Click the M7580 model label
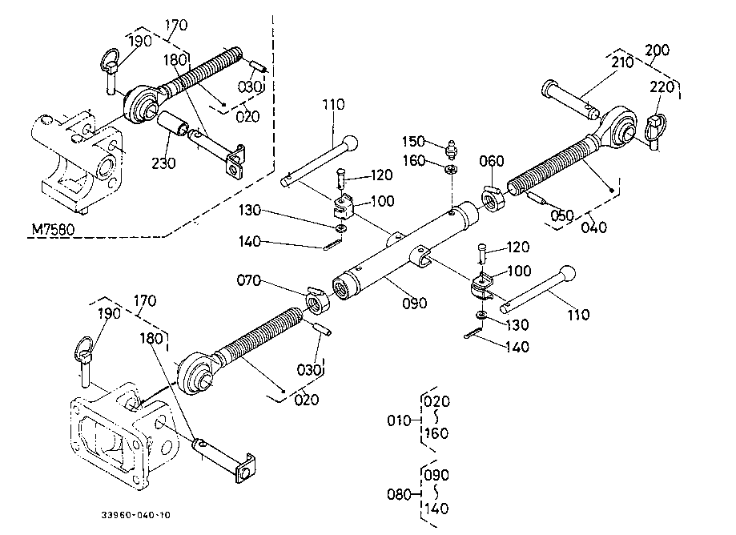[53, 230]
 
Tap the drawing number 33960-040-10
[136, 515]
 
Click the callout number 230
[163, 163]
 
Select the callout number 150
[413, 141]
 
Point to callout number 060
[492, 161]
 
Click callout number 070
[249, 280]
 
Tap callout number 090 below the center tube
[415, 304]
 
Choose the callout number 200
[658, 50]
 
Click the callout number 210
[622, 62]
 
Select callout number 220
[662, 86]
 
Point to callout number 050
[562, 215]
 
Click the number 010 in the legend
[399, 420]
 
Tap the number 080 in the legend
[399, 494]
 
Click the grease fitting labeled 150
[452, 149]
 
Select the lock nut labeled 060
[493, 199]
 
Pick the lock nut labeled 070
[317, 300]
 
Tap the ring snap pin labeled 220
[655, 131]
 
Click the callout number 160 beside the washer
[413, 161]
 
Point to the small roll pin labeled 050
[536, 198]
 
